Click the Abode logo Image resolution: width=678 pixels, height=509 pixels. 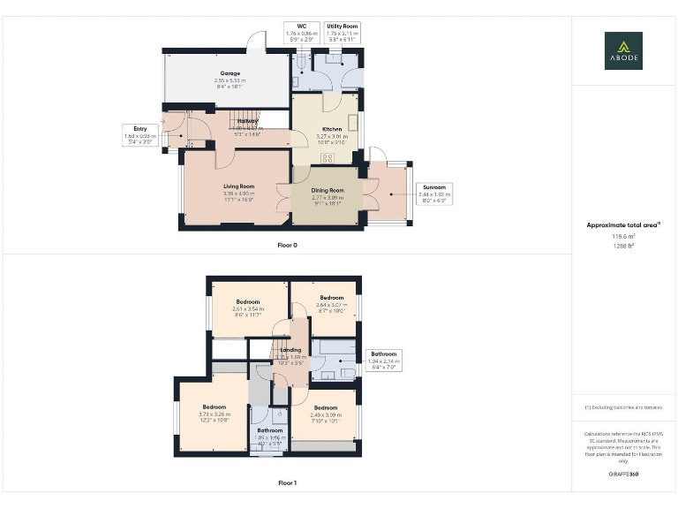click(x=623, y=50)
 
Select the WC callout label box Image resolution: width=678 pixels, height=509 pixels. click(x=301, y=33)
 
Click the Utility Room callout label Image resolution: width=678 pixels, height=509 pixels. click(x=342, y=33)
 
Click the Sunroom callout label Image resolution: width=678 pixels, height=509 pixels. click(x=433, y=194)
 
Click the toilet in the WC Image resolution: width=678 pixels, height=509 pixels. click(x=301, y=63)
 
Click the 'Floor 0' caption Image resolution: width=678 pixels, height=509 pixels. click(x=287, y=245)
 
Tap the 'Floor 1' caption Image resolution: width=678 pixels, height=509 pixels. click(x=287, y=483)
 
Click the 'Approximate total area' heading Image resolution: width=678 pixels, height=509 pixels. click(x=623, y=225)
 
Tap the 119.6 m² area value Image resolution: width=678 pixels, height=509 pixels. click(x=623, y=237)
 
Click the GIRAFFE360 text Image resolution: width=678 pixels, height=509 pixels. click(x=623, y=475)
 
